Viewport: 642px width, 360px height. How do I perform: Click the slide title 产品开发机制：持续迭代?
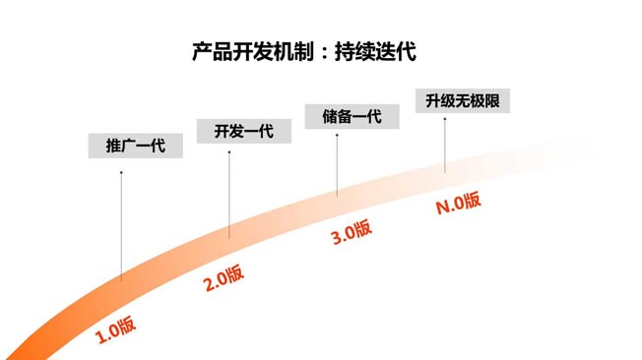[x=303, y=52]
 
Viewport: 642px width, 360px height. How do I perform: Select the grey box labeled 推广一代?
[x=135, y=146]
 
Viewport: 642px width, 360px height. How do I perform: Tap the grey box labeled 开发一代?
[x=244, y=131]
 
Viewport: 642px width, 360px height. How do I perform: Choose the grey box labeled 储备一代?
[x=353, y=116]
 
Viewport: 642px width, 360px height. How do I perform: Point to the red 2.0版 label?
[x=225, y=278]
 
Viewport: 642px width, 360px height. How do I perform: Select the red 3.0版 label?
[x=352, y=233]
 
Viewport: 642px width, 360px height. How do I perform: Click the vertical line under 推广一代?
[x=121, y=226]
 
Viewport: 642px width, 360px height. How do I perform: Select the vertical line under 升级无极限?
[x=444, y=146]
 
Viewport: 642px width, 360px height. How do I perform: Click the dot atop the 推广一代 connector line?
[x=121, y=173]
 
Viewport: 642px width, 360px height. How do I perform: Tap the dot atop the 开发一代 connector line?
[x=229, y=152]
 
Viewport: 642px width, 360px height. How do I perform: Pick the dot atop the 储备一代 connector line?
[x=337, y=135]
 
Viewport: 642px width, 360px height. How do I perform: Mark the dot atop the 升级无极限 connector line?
[x=444, y=119]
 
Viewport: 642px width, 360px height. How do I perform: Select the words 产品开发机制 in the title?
[x=251, y=52]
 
